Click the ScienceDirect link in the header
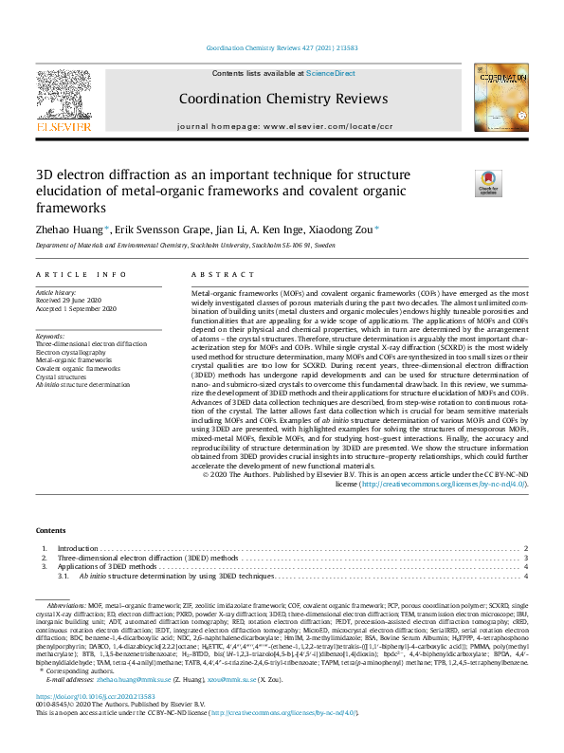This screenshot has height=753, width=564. [x=332, y=73]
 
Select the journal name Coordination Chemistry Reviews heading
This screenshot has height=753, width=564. [x=282, y=99]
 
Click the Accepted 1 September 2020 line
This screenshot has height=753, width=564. [x=77, y=310]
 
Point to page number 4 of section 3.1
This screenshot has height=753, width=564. [x=525, y=576]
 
